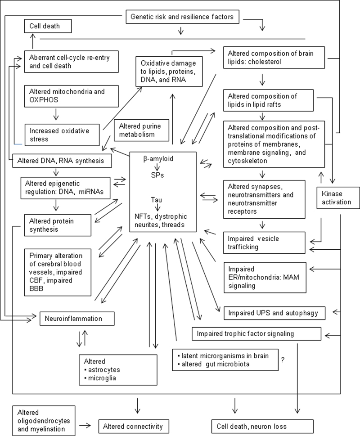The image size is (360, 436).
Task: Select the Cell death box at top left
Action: (48, 27)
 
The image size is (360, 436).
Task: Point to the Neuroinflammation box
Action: (77, 319)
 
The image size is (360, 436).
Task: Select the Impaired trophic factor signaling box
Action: (256, 333)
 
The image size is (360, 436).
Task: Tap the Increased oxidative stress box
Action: (61, 135)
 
